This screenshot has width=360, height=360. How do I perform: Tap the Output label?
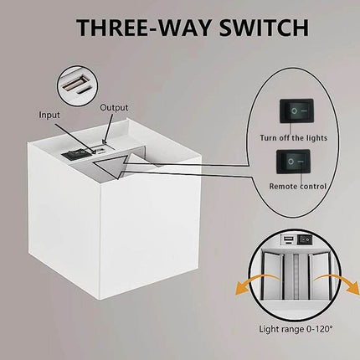(x=114, y=107)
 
